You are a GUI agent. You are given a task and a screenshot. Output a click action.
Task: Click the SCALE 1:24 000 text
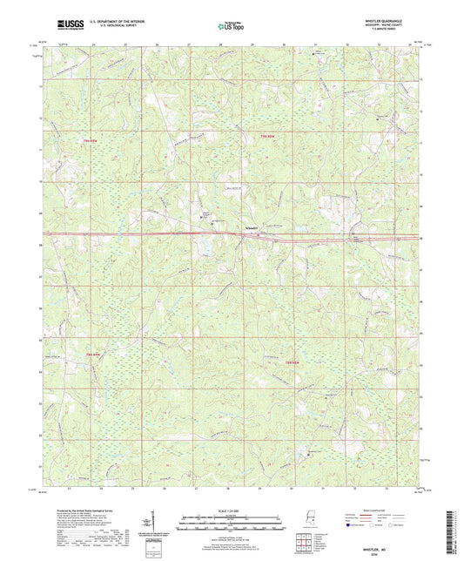tap(232, 511)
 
